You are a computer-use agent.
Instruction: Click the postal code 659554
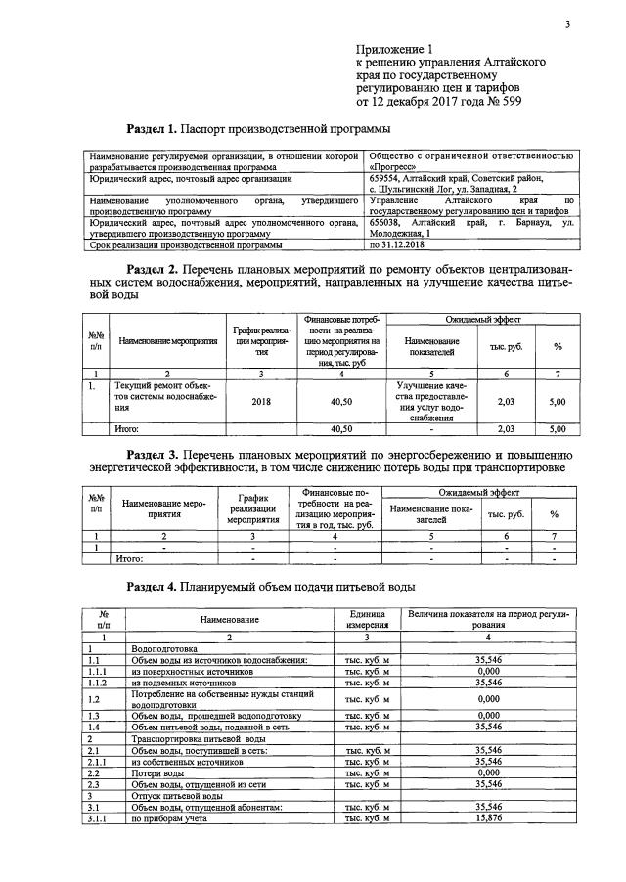tap(389, 179)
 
